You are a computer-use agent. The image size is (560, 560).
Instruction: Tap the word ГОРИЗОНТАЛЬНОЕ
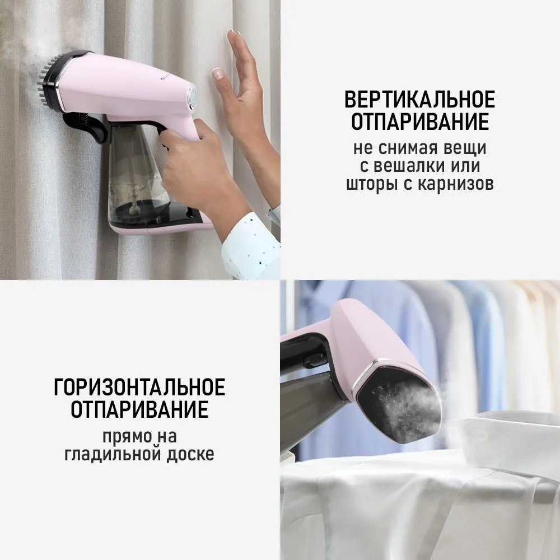(x=139, y=387)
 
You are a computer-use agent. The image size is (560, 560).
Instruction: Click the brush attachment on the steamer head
(x=48, y=81)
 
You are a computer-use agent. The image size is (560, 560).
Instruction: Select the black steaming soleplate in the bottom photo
(x=399, y=407)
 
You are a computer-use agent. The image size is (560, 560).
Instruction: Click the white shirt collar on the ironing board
(x=511, y=435)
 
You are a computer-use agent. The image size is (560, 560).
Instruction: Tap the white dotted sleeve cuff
(x=250, y=246)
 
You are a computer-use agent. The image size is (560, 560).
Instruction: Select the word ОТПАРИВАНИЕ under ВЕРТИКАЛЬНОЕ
(x=419, y=122)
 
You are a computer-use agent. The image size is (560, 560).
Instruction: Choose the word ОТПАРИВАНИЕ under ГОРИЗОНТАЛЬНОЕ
(x=139, y=409)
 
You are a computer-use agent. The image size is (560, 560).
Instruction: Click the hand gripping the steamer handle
(x=200, y=168)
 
